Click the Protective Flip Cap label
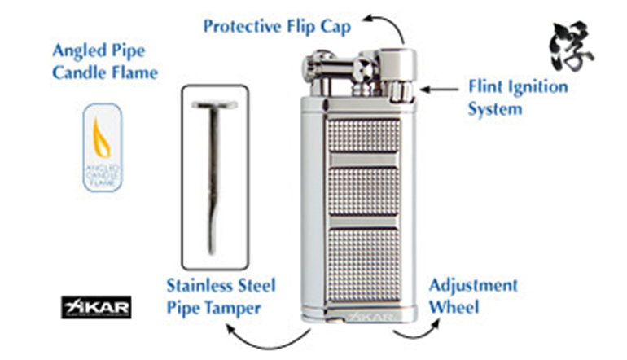pos(277,27)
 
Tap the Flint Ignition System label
pos(518,96)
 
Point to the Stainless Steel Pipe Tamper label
pos(221,296)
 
